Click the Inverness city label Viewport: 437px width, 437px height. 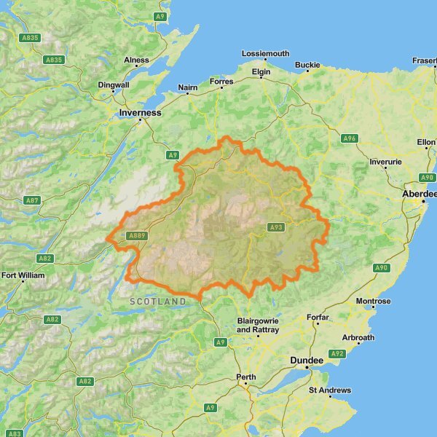tap(141, 114)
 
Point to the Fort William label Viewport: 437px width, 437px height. tap(23, 276)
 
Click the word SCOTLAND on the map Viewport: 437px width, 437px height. tap(158, 302)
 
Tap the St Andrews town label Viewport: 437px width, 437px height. tap(330, 390)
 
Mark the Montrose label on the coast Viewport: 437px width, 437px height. tap(374, 302)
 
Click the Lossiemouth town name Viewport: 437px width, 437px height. tap(266, 54)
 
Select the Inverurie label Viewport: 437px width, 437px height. tap(386, 162)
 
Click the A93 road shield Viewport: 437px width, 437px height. tap(275, 227)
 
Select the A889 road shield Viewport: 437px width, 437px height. tap(137, 235)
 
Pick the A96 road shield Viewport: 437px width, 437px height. tap(350, 138)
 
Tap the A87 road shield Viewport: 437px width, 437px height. tap(32, 200)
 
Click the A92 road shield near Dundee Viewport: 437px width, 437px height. tap(336, 353)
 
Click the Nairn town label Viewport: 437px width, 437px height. tap(188, 88)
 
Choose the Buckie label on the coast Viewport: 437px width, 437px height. tap(307, 66)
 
